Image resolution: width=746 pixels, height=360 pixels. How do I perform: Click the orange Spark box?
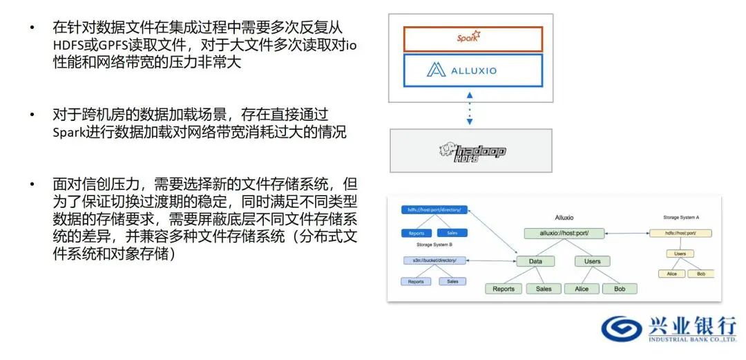(x=472, y=39)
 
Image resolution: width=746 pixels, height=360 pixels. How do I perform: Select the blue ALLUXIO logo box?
(x=472, y=70)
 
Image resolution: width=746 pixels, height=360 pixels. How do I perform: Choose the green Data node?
(x=535, y=261)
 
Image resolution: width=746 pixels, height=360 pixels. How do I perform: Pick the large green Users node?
(x=592, y=261)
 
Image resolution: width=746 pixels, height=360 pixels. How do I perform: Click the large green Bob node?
(x=619, y=289)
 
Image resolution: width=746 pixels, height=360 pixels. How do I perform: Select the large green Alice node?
(x=582, y=289)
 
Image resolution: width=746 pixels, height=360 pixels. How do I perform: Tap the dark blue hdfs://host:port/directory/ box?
(x=435, y=209)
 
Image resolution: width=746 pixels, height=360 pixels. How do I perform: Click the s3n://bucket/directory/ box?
(x=435, y=260)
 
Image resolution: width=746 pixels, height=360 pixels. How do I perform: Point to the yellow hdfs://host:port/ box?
(x=680, y=233)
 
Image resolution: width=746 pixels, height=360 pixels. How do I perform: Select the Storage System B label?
(x=434, y=244)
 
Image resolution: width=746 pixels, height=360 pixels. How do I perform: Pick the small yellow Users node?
(x=680, y=254)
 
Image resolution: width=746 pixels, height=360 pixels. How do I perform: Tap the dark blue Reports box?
(x=416, y=233)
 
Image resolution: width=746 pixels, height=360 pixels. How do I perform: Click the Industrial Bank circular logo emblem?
(x=620, y=328)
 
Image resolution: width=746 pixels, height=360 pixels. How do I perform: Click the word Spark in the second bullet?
(x=71, y=133)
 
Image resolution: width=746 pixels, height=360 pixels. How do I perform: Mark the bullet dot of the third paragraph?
(x=31, y=185)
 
